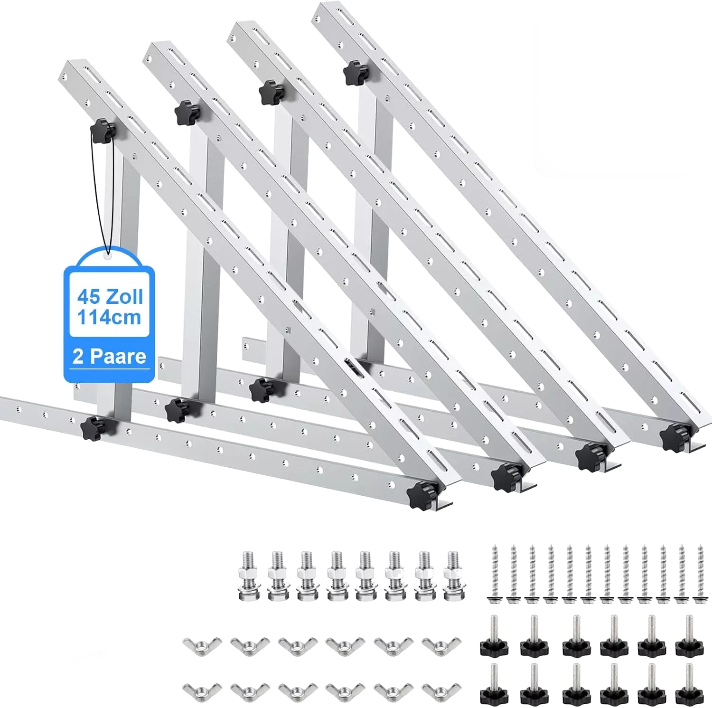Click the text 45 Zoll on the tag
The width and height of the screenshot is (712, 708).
pos(110,297)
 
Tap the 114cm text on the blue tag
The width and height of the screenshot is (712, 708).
pos(109,317)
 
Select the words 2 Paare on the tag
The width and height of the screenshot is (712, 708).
pos(109,356)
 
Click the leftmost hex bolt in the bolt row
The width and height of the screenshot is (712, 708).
pos(249,576)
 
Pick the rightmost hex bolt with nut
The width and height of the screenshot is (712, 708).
pos(452,576)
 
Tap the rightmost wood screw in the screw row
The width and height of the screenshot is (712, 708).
pos(699,575)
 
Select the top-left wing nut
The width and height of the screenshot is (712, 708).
pos(202,646)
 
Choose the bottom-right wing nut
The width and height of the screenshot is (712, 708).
pos(441,692)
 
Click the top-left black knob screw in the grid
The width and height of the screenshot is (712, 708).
pos(494,636)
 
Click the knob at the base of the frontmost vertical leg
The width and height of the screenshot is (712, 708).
pos(94,427)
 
